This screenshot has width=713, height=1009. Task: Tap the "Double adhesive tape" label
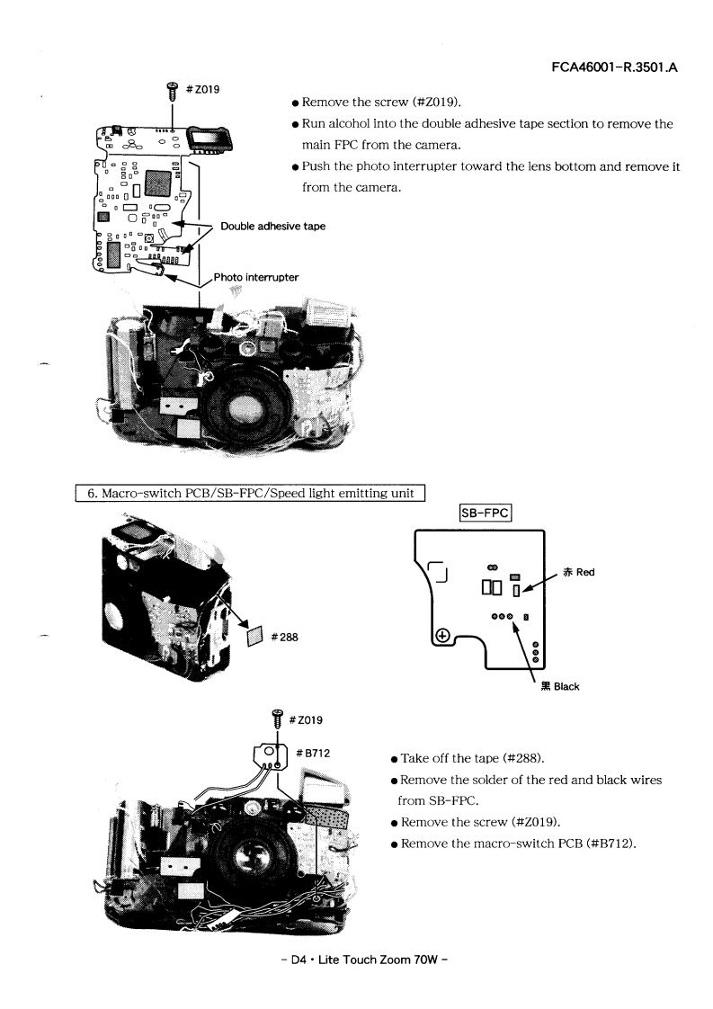[x=272, y=226]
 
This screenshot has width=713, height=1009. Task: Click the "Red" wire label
[x=579, y=572]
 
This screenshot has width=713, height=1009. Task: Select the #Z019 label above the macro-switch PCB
[x=306, y=719]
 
